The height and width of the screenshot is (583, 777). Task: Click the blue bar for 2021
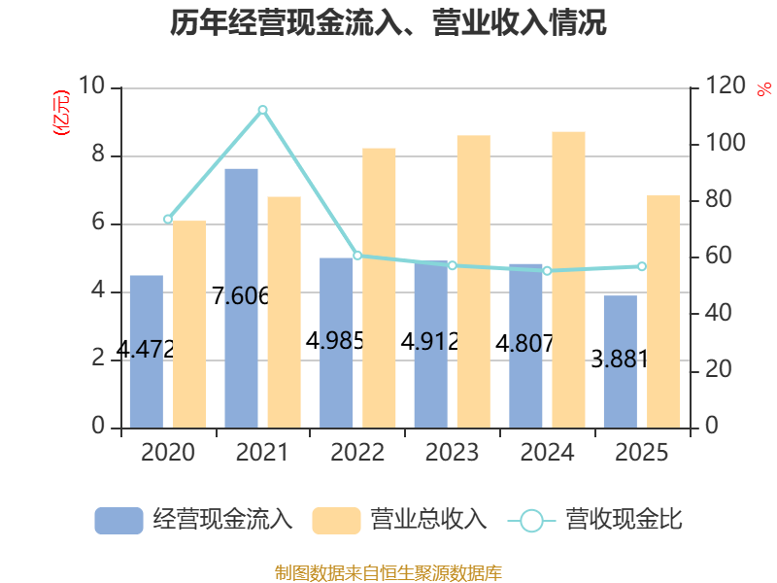coord(241,298)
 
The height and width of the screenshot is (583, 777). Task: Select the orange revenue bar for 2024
coord(568,280)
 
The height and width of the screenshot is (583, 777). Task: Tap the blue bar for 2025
coord(621,361)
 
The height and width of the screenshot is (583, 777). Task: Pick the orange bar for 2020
coord(189,325)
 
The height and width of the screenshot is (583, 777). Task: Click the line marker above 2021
coord(262,110)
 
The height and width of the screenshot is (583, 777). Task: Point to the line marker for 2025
coord(642,266)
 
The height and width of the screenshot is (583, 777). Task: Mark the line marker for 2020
coord(168,220)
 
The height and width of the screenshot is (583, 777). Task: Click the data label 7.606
coord(241,296)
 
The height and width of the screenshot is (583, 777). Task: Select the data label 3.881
coord(620,359)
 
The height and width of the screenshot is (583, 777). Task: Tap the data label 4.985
coord(335,341)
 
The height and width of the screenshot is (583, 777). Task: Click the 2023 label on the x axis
coord(452,452)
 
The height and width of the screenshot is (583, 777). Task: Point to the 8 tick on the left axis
coord(98,154)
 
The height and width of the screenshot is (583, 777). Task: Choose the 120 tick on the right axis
coord(726,86)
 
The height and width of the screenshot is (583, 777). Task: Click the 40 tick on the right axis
coord(718,313)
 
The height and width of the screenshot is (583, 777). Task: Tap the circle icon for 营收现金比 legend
coord(531,521)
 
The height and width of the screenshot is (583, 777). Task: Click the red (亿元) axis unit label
coord(61,113)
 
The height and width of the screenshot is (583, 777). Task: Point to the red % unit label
coord(764,89)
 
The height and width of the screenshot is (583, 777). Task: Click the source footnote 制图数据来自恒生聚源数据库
coord(388,573)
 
